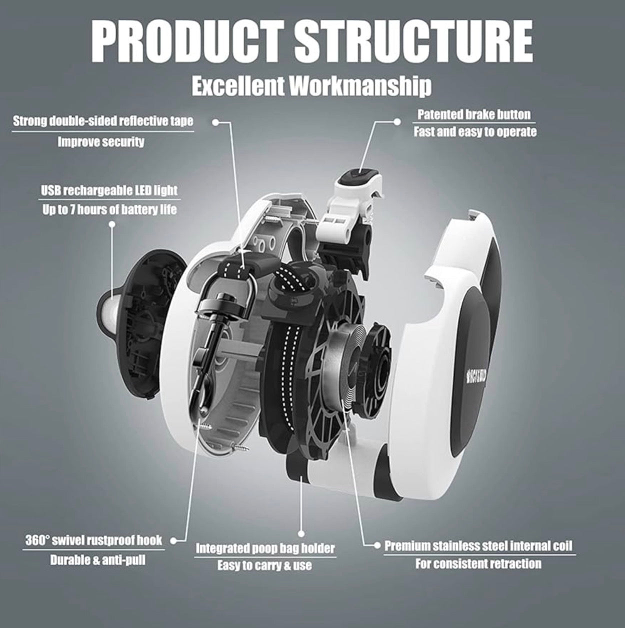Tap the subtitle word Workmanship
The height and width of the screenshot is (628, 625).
(360, 86)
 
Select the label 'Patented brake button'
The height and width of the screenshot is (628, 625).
(473, 114)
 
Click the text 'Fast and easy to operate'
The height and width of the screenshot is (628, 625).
(475, 132)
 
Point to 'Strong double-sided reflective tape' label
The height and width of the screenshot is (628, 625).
(102, 121)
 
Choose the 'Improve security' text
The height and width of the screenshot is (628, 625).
(101, 142)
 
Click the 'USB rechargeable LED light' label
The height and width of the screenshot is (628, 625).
(109, 190)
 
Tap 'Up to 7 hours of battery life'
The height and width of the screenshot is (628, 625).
(109, 209)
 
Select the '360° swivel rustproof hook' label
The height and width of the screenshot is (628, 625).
(94, 540)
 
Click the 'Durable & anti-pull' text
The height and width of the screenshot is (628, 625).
(97, 560)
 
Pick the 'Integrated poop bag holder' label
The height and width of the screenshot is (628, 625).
(265, 548)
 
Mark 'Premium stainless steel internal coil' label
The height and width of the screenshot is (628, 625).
(478, 545)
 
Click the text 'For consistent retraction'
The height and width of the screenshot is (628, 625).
(478, 564)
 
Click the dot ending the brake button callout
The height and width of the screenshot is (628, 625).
(397, 121)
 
